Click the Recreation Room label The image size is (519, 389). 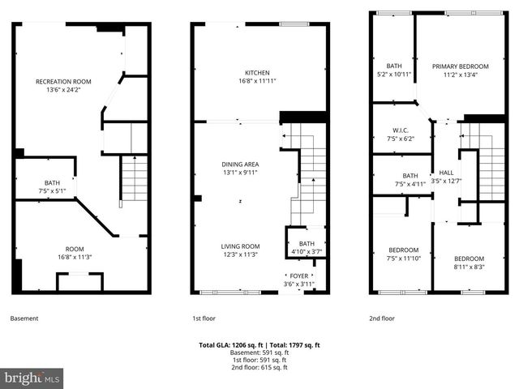click(x=62, y=82)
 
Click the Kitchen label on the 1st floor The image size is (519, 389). click(x=257, y=73)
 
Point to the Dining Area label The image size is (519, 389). click(x=241, y=163)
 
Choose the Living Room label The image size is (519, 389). click(x=240, y=246)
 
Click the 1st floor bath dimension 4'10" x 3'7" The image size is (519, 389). click(x=307, y=253)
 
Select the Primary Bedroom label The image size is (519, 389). click(x=460, y=66)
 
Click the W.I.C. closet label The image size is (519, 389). click(x=399, y=130)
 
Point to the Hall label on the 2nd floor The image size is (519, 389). click(x=446, y=172)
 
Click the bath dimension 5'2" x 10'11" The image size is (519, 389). click(x=394, y=75)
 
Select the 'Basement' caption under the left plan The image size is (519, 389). click(x=24, y=318)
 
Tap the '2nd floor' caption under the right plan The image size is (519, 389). click(x=381, y=318)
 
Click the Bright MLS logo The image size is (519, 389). click(x=32, y=378)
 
